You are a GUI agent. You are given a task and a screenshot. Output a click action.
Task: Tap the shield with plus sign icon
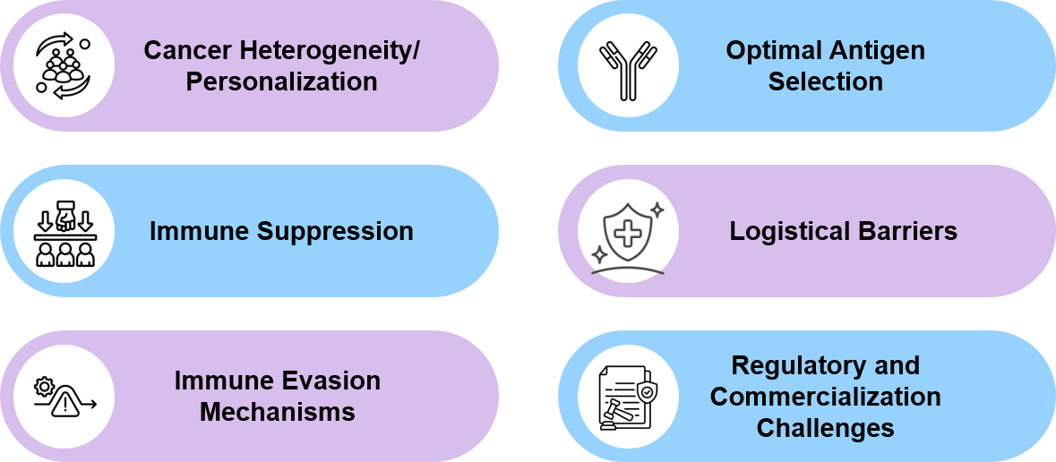627,232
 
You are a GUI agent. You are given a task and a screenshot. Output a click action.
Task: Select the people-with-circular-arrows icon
64,65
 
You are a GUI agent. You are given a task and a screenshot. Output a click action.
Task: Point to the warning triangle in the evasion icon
65,405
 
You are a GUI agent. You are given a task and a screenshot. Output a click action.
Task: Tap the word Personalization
281,81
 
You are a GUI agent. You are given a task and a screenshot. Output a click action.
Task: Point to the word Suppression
335,231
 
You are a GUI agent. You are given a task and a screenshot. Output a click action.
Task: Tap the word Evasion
331,381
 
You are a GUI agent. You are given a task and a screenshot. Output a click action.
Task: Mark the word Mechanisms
277,412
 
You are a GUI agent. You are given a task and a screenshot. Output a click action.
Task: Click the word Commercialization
825,397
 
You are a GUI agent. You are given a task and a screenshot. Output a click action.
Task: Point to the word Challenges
825,428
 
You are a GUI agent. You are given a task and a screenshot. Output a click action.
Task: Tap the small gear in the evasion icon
43,387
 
